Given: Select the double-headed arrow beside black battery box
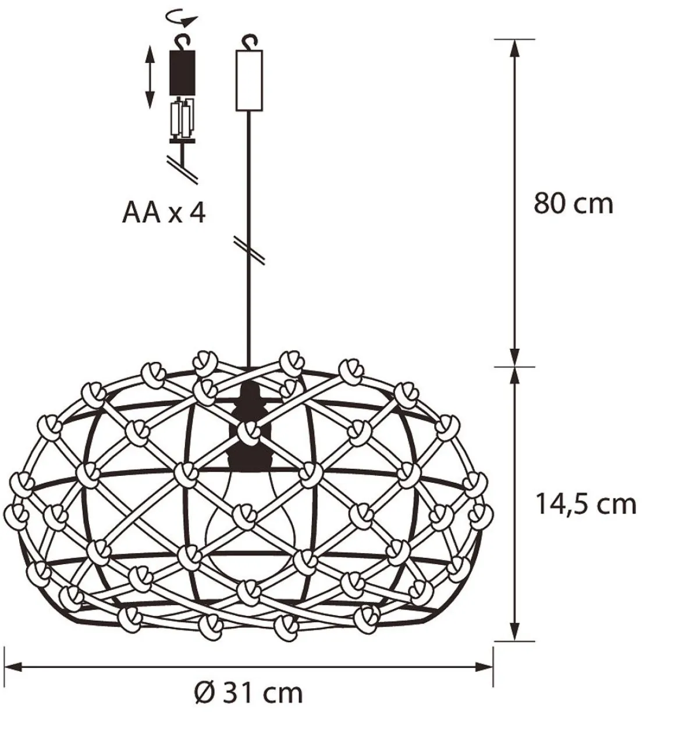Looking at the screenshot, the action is (150, 77).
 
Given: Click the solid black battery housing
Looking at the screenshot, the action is (183, 73).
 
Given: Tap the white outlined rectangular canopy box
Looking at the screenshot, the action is (250, 80).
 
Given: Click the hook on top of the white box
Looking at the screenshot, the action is (249, 41).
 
